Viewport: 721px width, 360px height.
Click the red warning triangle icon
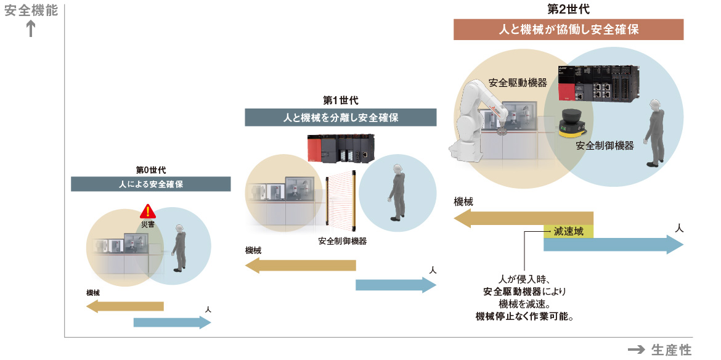(x=148, y=211)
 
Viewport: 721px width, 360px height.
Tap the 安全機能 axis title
(x=31, y=10)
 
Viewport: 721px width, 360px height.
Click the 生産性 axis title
(x=671, y=350)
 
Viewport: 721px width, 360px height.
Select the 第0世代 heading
(x=151, y=171)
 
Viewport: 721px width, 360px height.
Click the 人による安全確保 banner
(x=151, y=184)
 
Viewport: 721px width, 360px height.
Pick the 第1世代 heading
(x=340, y=100)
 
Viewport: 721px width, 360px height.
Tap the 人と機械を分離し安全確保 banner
(x=340, y=117)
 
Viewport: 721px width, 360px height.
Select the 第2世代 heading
(x=568, y=9)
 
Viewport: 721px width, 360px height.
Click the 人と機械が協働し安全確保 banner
(x=568, y=30)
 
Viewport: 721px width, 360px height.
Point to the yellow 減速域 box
(x=568, y=231)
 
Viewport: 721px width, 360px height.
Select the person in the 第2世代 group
(x=654, y=133)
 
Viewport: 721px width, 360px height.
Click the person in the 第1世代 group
(x=396, y=191)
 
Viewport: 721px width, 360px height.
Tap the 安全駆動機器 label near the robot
(x=518, y=83)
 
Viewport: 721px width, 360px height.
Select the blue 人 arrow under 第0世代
(x=172, y=322)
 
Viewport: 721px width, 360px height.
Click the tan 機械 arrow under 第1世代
(x=301, y=265)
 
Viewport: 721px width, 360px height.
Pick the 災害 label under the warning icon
(x=148, y=224)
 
